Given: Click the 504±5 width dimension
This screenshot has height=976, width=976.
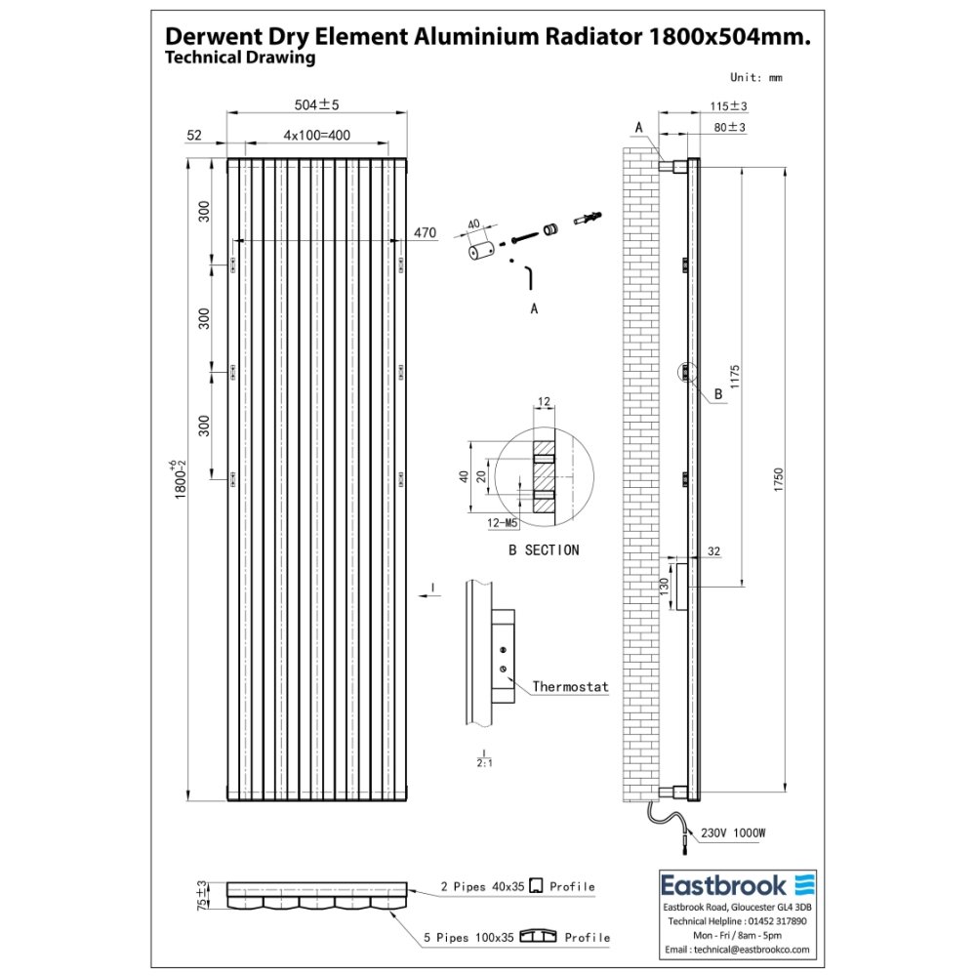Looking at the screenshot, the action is pos(316,104).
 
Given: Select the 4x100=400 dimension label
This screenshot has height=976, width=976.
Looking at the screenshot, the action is pos(316,135).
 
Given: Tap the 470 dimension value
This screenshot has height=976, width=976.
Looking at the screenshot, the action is pos(425,233).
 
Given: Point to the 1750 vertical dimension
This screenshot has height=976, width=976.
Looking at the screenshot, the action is pos(779,480).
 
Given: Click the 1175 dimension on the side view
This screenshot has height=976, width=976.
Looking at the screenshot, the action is pos(735,377).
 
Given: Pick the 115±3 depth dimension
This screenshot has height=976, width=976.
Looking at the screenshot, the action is pos(728,106).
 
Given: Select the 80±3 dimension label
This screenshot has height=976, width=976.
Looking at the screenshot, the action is pos(729,127).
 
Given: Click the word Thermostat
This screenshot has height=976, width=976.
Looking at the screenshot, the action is pos(570,686).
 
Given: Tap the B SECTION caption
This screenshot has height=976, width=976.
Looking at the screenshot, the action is pos(544,549).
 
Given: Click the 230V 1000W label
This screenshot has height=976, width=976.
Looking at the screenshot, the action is pos(733,833).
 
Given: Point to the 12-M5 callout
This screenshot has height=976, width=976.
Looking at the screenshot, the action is pos(503,523).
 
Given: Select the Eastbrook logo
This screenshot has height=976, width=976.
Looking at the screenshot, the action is pos(737,885).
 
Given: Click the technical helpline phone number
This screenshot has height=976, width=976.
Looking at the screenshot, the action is pos(777,921).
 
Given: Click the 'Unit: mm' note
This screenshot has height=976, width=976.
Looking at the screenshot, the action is pos(755,77).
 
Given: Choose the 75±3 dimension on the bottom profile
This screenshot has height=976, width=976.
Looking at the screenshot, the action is pos(202,896).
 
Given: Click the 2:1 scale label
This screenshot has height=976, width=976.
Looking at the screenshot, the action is pos(484,762).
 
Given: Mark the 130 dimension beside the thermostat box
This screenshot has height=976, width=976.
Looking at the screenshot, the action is pos(664,587).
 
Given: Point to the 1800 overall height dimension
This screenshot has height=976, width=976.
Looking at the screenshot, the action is pos(180,479).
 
